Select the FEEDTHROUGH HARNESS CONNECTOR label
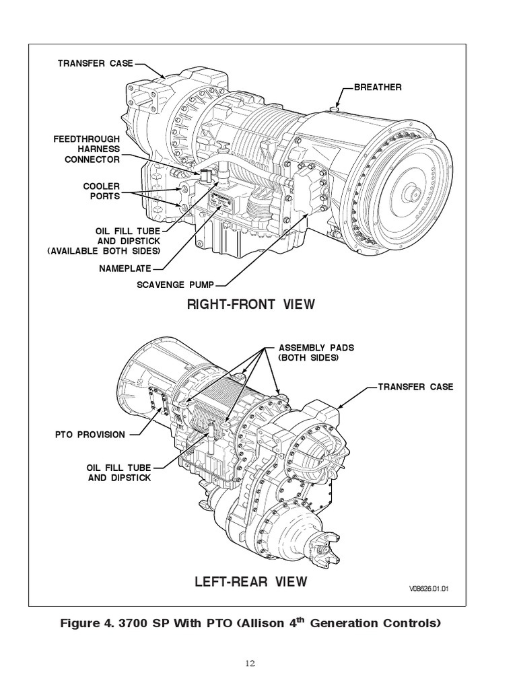point(87,149)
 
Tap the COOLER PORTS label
point(102,192)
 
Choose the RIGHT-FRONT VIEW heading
point(251,304)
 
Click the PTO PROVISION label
point(90,434)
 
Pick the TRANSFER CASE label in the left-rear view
point(415,387)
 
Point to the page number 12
point(250,664)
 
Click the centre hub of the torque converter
point(410,192)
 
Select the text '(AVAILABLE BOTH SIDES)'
point(104,250)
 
